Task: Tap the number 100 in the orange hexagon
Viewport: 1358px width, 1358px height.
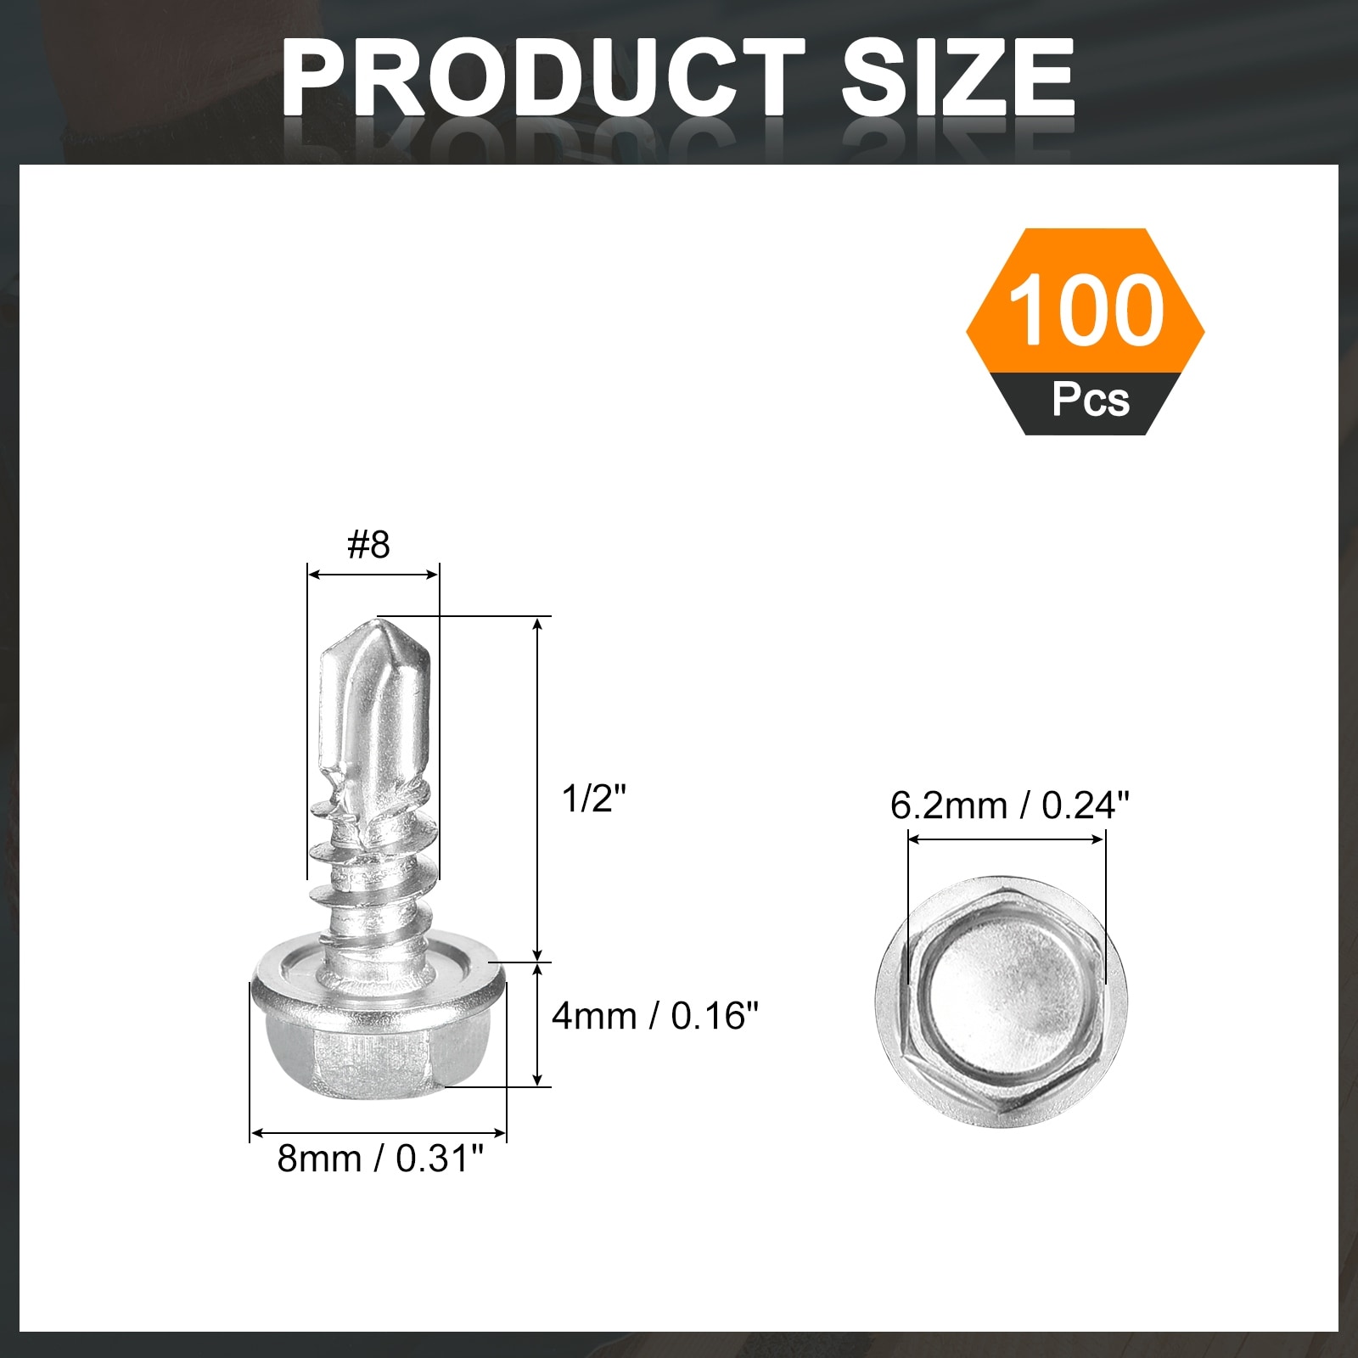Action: (1086, 311)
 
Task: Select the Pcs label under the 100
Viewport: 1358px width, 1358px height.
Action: (1091, 399)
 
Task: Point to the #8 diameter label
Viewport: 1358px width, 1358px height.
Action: (369, 544)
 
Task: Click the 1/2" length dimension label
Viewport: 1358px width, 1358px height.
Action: (593, 798)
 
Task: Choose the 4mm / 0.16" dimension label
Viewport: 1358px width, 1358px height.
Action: (654, 1015)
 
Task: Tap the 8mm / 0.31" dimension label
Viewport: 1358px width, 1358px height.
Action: (380, 1158)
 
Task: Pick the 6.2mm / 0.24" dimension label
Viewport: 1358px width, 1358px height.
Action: (1010, 805)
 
